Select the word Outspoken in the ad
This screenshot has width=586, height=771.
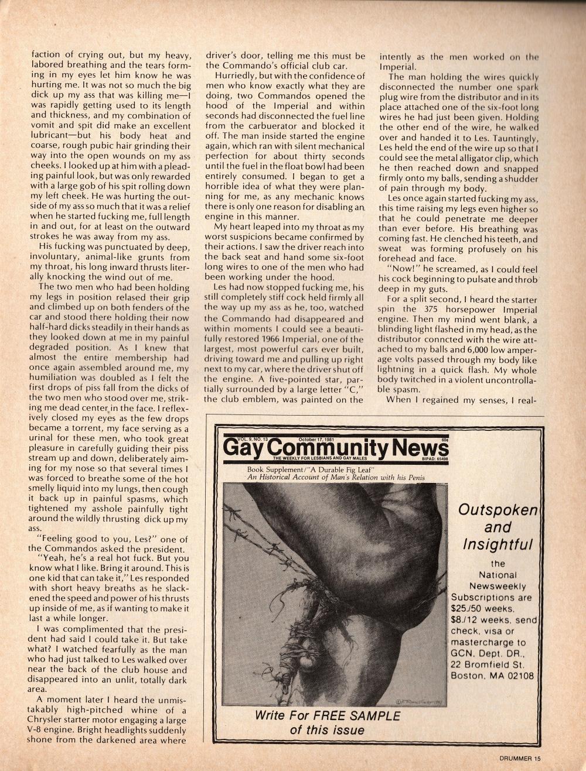[x=498, y=510]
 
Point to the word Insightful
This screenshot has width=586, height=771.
[x=498, y=544]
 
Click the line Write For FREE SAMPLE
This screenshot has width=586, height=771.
[x=328, y=715]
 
